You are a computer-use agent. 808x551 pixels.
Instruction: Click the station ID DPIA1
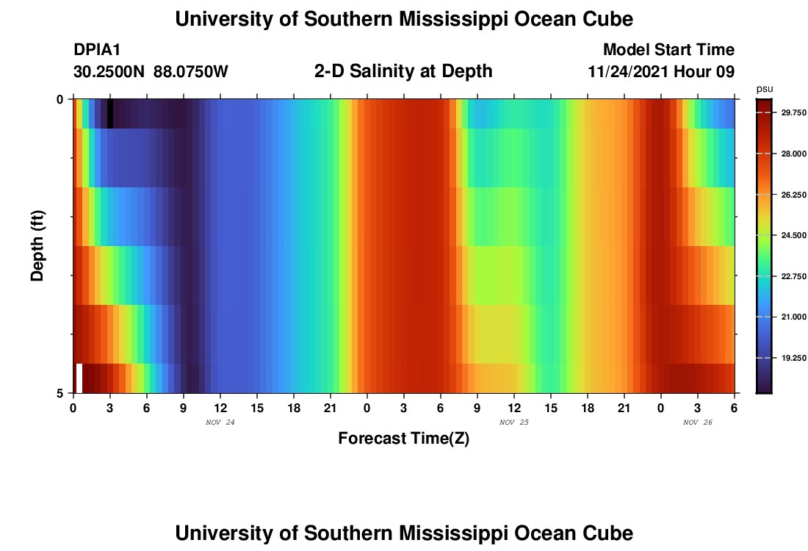point(97,50)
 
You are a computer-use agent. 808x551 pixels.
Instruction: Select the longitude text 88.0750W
point(191,72)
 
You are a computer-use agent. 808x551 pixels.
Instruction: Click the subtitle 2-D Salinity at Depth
point(403,71)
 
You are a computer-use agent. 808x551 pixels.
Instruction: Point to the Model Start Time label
point(668,50)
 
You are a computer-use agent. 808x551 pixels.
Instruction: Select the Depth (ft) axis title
point(38,245)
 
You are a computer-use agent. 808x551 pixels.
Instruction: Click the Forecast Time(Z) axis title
point(403,439)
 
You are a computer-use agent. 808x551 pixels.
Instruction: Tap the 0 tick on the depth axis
point(60,99)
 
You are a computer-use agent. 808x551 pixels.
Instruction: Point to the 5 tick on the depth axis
point(60,393)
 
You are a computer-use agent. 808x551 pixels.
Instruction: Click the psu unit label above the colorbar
point(765,89)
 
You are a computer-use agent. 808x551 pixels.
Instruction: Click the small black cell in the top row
point(110,114)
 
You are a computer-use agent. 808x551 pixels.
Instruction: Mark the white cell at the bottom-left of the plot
point(79,378)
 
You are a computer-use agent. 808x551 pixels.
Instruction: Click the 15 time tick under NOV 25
point(551,407)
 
